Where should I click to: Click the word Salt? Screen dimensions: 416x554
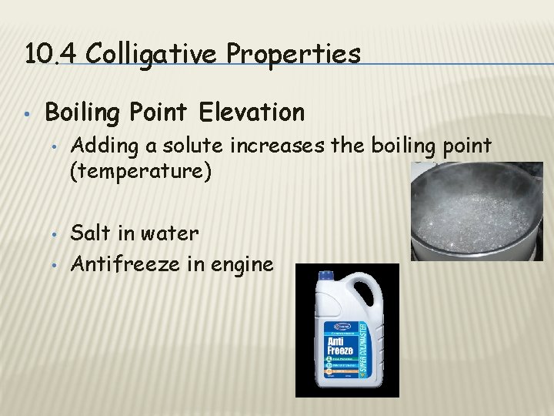(92, 233)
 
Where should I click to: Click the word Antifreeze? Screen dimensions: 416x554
(122, 264)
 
